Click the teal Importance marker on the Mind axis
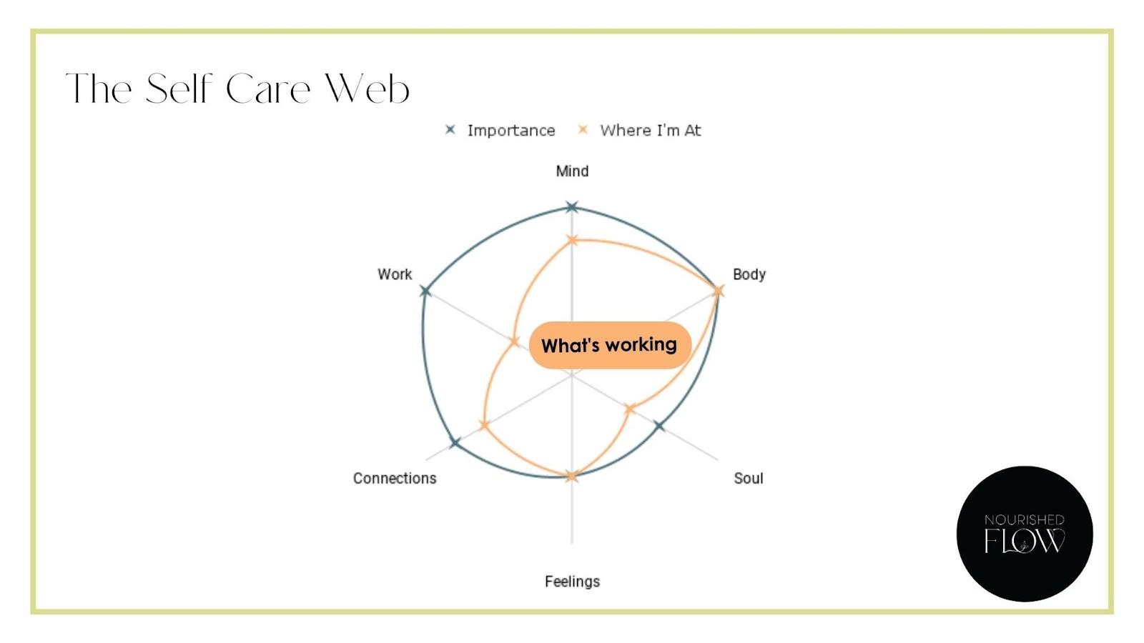click(572, 207)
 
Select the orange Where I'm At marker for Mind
click(572, 240)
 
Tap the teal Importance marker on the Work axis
click(425, 291)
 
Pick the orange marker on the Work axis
click(514, 342)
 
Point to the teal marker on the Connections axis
click(455, 443)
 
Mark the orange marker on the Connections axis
click(484, 425)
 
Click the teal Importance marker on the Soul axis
click(659, 426)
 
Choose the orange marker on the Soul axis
click(630, 409)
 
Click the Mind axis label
click(572, 171)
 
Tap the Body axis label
click(749, 274)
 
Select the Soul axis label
click(748, 478)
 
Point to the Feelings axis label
click(572, 582)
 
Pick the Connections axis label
click(395, 478)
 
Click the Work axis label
click(395, 274)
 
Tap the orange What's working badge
click(609, 345)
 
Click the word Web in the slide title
click(367, 89)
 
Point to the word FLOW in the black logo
click(1024, 542)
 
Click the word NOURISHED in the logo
click(1024, 519)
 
